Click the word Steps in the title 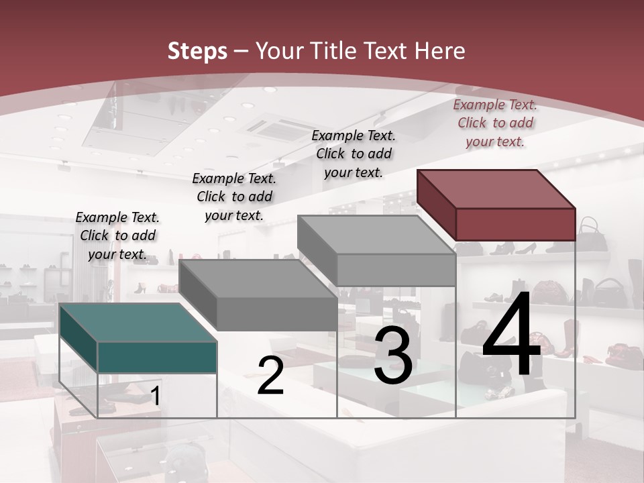(197, 51)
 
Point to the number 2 (270, 376)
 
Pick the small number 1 (155, 396)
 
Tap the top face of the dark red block (496, 189)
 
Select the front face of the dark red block (515, 224)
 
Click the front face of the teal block (157, 357)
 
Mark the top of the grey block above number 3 (376, 235)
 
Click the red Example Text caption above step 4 (495, 123)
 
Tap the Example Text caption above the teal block (117, 235)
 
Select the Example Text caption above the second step (234, 197)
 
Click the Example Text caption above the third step (354, 154)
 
